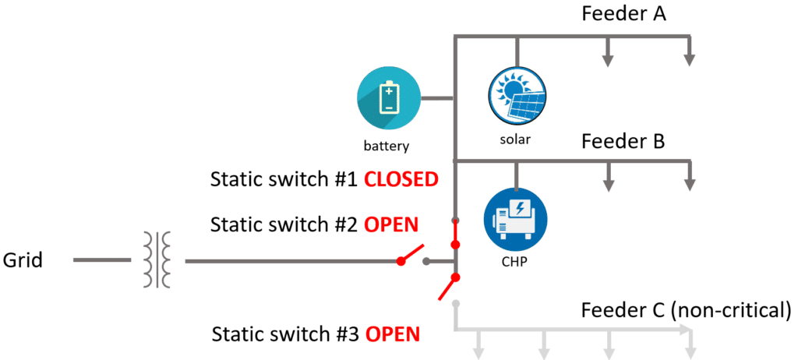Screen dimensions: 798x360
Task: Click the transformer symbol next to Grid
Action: point(156,259)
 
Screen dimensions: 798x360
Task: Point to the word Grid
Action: point(23,261)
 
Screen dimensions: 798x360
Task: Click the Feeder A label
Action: point(624,14)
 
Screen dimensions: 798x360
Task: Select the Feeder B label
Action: point(623,141)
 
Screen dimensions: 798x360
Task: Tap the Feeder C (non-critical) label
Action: point(686,309)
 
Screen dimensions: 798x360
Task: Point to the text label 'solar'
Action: point(515,139)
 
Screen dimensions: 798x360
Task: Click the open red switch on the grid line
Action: point(411,255)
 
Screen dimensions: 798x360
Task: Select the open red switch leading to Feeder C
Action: point(448,288)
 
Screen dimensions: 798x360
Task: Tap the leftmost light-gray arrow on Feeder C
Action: point(478,345)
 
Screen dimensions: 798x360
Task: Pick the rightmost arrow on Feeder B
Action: point(689,176)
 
